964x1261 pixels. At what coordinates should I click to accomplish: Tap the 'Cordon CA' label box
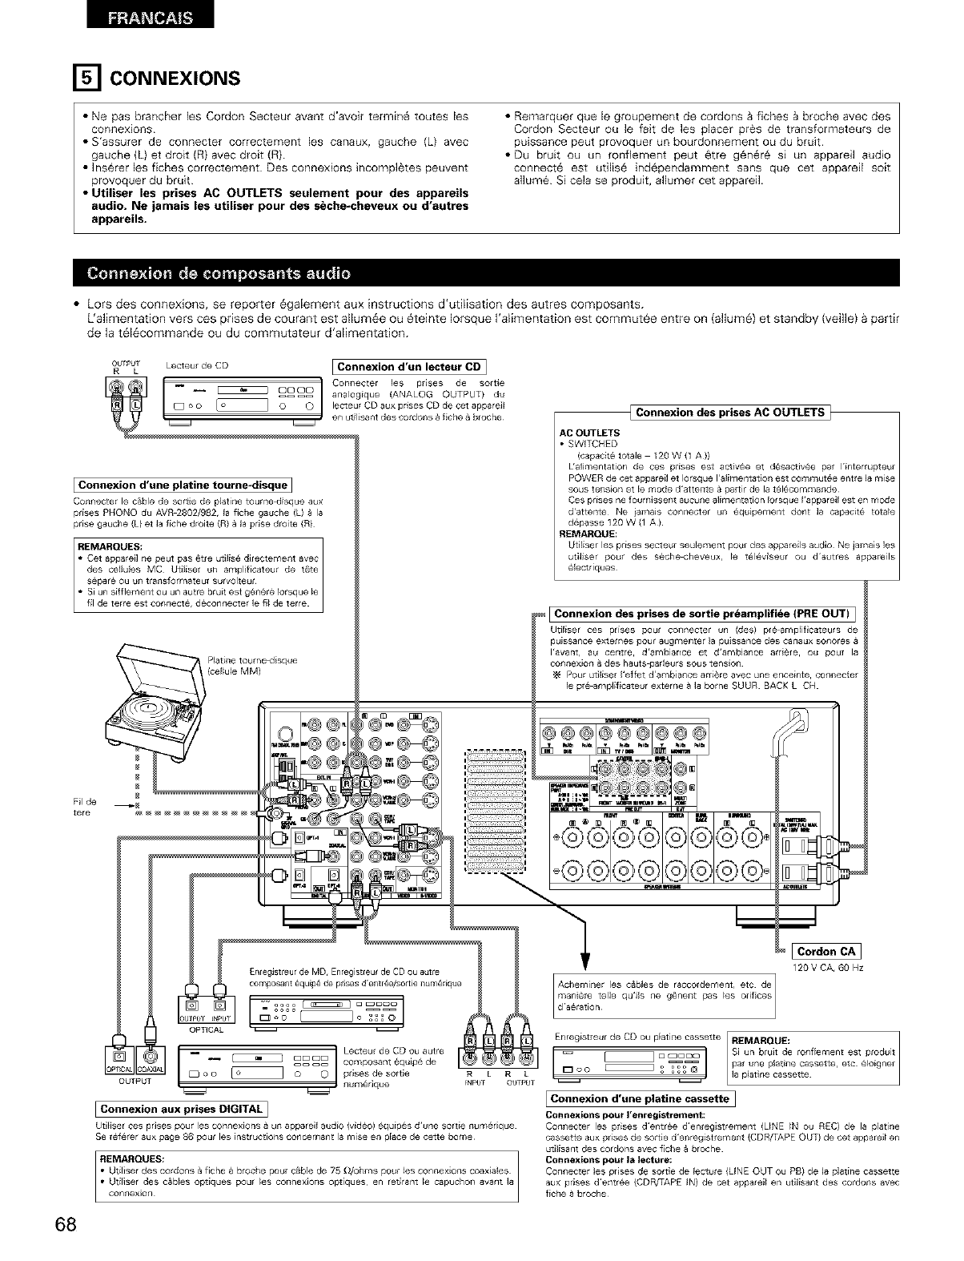point(826,951)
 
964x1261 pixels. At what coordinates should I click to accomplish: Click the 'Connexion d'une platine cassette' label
point(640,1098)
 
